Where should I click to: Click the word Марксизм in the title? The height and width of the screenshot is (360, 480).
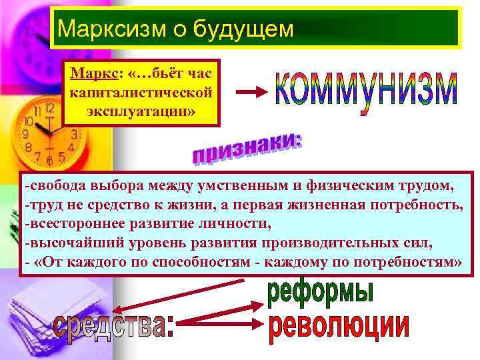coord(101,29)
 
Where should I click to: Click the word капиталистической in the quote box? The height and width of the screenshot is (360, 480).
coord(141,91)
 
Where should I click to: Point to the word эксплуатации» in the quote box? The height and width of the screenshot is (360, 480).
coord(141,109)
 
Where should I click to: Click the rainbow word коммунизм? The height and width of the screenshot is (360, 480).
coord(366,97)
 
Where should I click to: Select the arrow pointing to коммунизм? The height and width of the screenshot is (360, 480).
coord(252,95)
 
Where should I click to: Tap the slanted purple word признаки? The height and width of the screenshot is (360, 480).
coord(246,147)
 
